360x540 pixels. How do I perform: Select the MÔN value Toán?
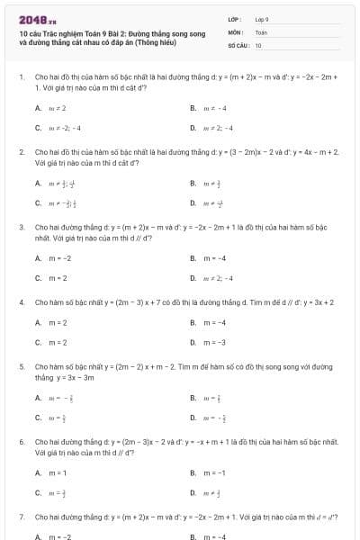pyautogui.click(x=261, y=31)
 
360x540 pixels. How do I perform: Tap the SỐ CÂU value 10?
pyautogui.click(x=258, y=44)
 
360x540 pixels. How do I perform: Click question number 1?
pyautogui.click(x=21, y=78)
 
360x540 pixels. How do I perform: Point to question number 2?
pyautogui.click(x=21, y=153)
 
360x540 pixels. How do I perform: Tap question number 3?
pyautogui.click(x=21, y=228)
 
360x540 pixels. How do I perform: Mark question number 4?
pyautogui.click(x=21, y=302)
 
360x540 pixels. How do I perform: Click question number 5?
pyautogui.click(x=21, y=367)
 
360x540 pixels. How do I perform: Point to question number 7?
pyautogui.click(x=21, y=517)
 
